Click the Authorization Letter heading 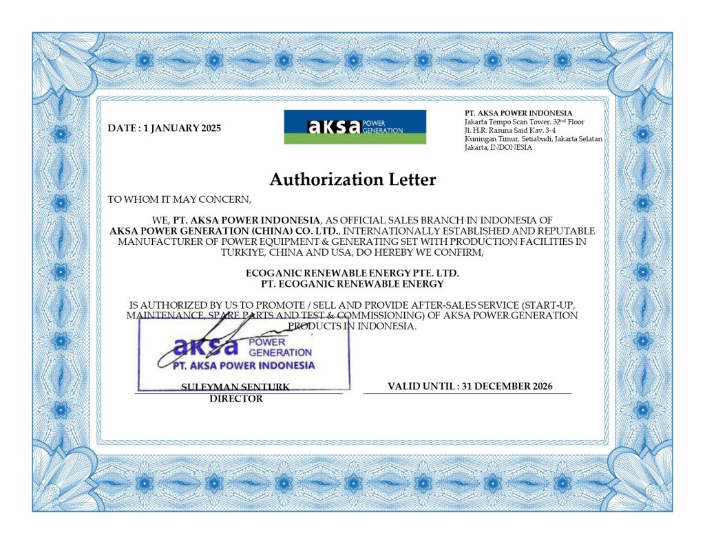tap(352, 179)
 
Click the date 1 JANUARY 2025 tap(182, 128)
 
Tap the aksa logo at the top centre tap(355, 127)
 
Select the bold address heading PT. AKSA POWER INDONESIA tap(518, 113)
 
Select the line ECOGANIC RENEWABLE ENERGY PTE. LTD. tap(352, 273)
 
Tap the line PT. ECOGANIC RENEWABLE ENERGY tap(352, 283)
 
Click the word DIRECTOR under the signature tap(236, 399)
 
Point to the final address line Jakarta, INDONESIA tap(498, 147)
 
